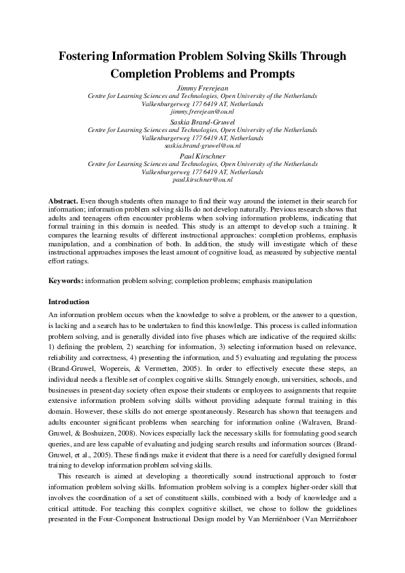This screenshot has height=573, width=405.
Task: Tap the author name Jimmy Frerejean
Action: pos(202,88)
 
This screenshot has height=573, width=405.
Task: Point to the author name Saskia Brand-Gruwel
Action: pos(202,121)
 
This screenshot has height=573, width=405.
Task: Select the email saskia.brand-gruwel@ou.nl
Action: pos(202,144)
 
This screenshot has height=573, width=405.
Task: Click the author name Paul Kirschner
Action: pos(202,154)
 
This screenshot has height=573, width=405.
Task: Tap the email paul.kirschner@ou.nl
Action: pos(202,178)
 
